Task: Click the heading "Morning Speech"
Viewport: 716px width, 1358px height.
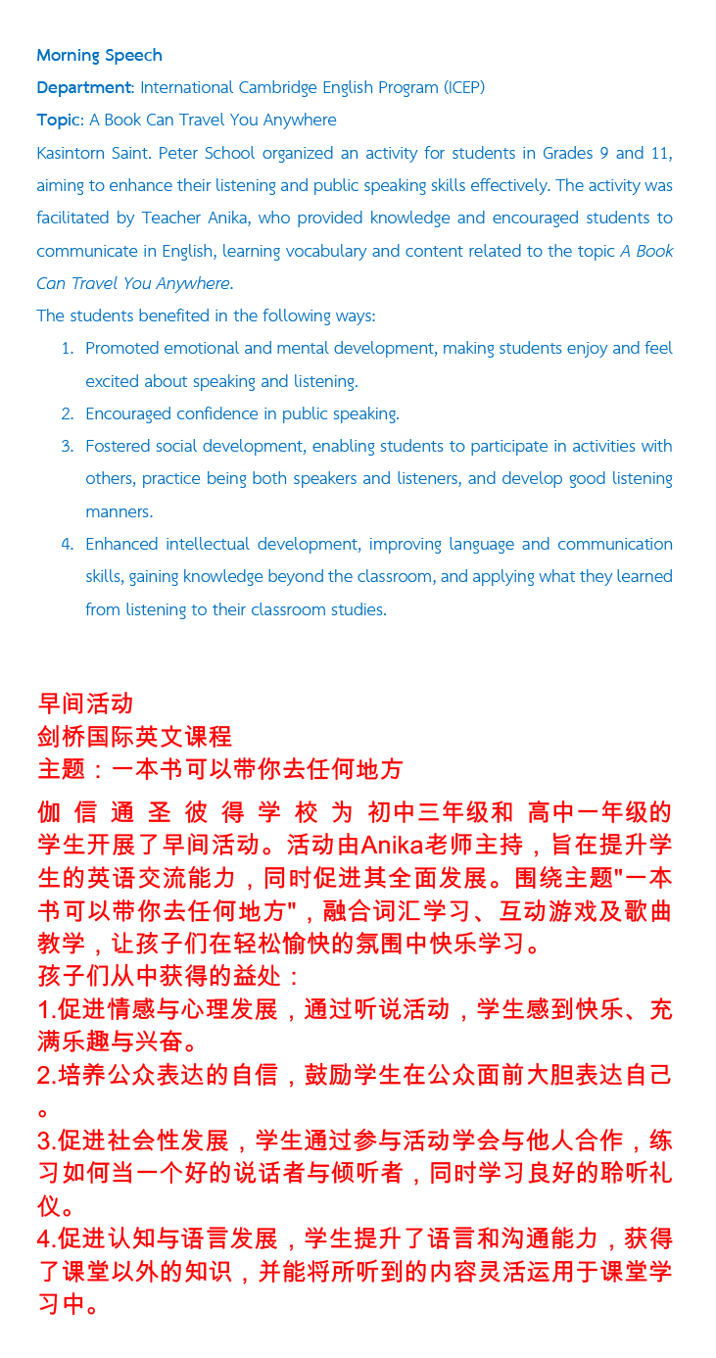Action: [x=99, y=55]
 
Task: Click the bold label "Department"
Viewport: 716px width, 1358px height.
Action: [x=83, y=87]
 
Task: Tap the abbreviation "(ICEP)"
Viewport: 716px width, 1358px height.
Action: [x=463, y=87]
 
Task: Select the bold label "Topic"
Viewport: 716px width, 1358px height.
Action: [x=58, y=120]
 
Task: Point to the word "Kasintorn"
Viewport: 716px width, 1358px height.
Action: [x=72, y=153]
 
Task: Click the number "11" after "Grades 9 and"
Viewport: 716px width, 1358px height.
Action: [x=661, y=153]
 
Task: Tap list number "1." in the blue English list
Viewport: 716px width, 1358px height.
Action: [x=68, y=349]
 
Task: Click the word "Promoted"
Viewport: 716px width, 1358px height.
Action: [x=121, y=349]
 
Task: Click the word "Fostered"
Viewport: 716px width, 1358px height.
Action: [x=118, y=446]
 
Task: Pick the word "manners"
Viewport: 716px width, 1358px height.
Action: [x=118, y=511]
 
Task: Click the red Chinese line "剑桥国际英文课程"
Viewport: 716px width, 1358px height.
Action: [x=134, y=736]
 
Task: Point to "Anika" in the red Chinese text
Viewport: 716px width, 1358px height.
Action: [x=393, y=845]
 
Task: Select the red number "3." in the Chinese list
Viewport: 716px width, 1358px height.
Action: [x=46, y=1141]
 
